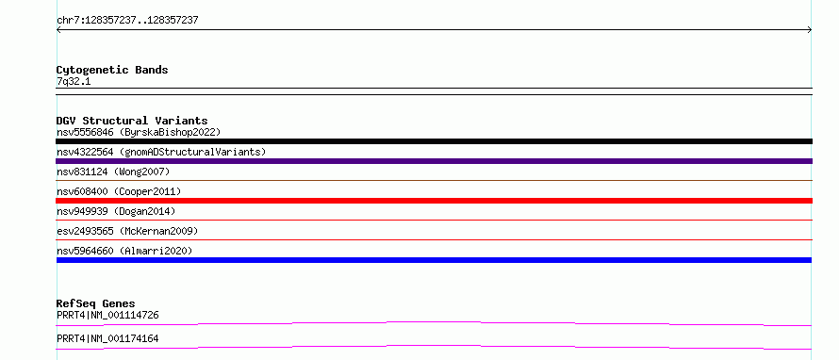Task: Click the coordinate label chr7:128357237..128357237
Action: tap(127, 21)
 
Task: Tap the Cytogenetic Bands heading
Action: tap(112, 70)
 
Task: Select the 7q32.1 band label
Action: tap(74, 82)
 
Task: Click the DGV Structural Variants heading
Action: tap(132, 121)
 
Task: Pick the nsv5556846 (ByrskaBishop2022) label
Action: tap(139, 132)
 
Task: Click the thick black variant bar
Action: tap(434, 141)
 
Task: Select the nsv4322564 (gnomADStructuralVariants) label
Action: tap(161, 152)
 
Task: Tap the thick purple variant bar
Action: tap(434, 161)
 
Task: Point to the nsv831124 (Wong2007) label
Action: tap(113, 172)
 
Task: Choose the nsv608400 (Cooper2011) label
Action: tap(119, 191)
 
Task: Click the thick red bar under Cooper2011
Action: tap(434, 201)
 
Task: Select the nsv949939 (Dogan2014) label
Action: tap(116, 211)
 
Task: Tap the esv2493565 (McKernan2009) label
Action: tap(127, 231)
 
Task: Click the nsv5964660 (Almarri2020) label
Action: tap(124, 251)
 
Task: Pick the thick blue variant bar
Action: tap(434, 260)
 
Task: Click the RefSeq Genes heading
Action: tap(96, 303)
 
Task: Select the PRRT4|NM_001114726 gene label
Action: tap(107, 315)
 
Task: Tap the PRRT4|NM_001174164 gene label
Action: tap(107, 338)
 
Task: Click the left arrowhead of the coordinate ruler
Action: tap(58, 30)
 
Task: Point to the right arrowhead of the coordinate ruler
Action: tap(811, 30)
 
